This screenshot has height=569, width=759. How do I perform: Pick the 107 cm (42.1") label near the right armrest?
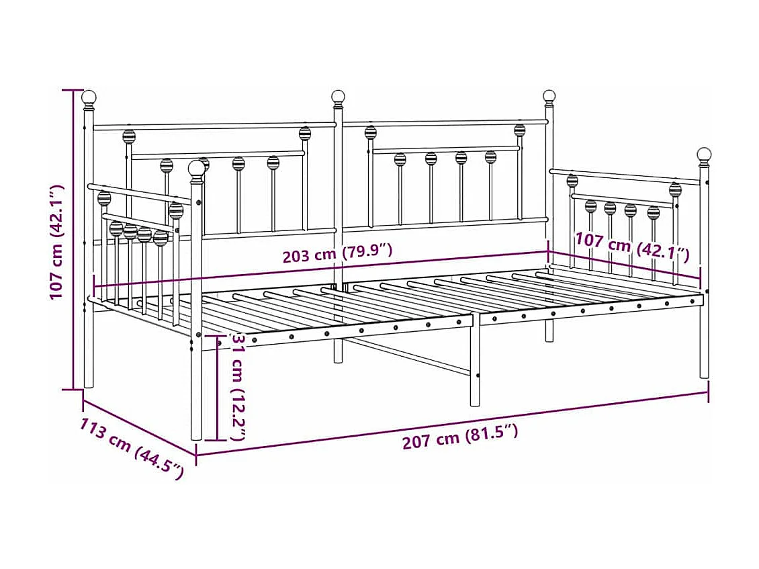coord(632,247)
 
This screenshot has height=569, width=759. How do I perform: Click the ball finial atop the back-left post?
coord(89,98)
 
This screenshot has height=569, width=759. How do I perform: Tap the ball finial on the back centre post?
coord(338,97)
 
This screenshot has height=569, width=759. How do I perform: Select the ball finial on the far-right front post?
coord(704,155)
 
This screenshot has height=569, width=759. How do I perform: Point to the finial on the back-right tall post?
coord(549,97)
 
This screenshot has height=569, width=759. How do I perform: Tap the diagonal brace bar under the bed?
coord(410,356)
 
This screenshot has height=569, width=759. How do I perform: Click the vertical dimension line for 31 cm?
coord(216,390)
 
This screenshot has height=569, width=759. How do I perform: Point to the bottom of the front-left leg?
coord(196,435)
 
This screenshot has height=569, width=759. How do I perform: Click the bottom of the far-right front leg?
coord(704,374)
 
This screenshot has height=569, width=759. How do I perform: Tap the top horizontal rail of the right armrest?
coord(625,177)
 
